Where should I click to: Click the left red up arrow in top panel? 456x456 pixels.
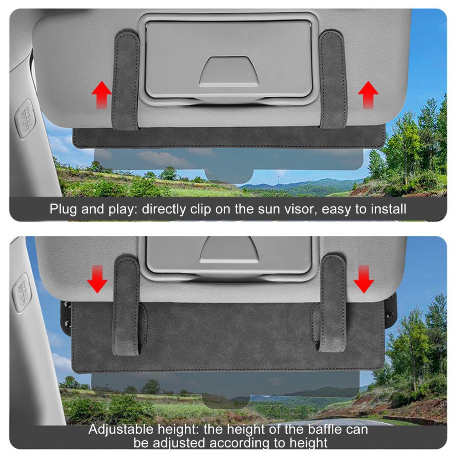(x=101, y=94)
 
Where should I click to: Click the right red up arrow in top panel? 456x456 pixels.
(x=368, y=94)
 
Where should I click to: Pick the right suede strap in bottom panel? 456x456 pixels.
(x=332, y=306)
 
